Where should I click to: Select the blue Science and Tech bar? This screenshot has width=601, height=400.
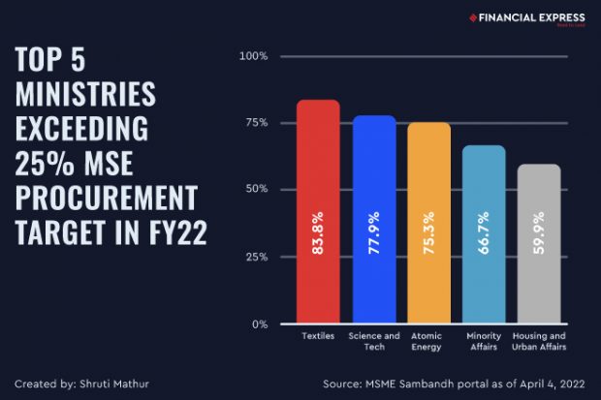coord(373,219)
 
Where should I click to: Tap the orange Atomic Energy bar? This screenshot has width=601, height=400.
coord(428,223)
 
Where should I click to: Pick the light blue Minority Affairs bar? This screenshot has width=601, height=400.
coord(484,234)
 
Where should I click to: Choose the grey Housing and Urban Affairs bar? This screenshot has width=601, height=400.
coord(539,243)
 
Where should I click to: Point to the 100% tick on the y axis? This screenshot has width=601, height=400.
coord(253,56)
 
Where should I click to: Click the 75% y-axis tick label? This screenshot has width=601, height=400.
coord(256,123)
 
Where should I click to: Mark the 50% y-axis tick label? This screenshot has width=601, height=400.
coord(256,190)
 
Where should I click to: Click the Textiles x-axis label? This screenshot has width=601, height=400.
coord(318,336)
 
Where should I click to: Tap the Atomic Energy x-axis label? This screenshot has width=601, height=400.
coord(428,341)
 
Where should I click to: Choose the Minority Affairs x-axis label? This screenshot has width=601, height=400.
coord(484,341)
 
